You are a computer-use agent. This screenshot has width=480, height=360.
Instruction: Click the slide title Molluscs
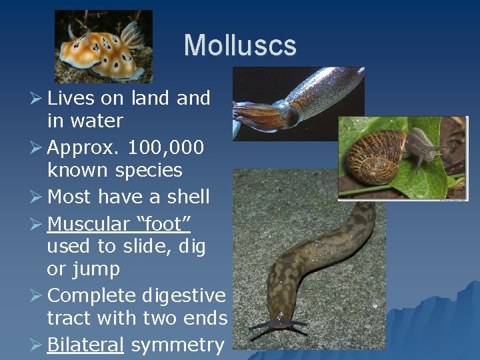click(240, 45)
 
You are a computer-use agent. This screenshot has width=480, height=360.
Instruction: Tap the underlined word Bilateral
click(85, 345)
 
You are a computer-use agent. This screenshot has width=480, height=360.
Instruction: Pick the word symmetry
click(177, 345)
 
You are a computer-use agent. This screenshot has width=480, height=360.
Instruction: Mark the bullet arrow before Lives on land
click(37, 98)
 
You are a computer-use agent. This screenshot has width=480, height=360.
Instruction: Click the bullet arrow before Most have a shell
click(37, 197)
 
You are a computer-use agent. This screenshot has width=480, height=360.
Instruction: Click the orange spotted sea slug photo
click(104, 45)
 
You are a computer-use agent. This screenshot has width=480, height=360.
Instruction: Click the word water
click(100, 121)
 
